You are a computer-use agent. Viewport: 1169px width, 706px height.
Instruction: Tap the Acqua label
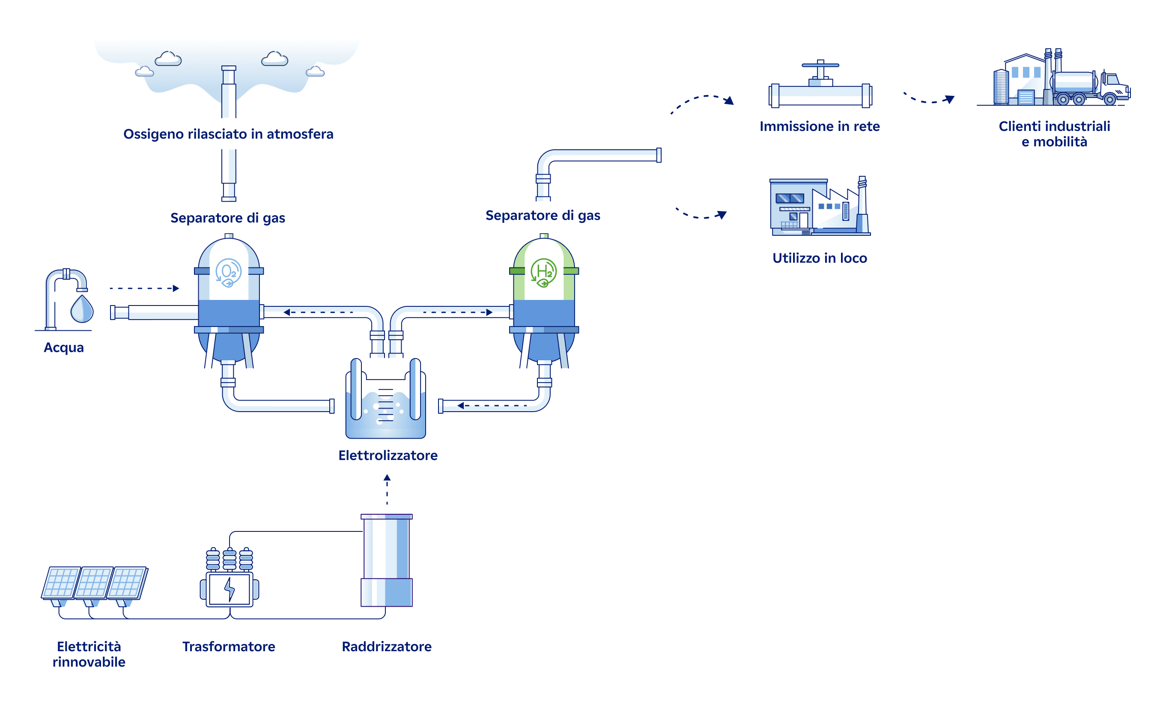pos(63,347)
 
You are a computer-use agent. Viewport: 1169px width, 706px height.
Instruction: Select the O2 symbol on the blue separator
pos(228,272)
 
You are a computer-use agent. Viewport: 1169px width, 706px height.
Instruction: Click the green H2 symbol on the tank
pos(543,272)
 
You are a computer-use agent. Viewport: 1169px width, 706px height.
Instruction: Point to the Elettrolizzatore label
pos(388,455)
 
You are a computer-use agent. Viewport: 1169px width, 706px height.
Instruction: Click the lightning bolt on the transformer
pos(230,589)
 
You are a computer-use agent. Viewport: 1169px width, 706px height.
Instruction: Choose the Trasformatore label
pos(229,646)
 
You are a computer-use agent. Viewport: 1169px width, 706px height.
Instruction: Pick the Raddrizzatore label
pos(387,646)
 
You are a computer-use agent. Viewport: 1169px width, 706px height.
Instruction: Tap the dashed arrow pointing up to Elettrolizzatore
pos(387,489)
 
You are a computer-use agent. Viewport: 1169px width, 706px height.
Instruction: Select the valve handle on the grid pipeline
pos(820,65)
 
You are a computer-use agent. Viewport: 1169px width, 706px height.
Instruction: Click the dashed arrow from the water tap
pos(144,288)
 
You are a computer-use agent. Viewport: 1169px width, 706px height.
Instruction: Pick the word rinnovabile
pos(89,662)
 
